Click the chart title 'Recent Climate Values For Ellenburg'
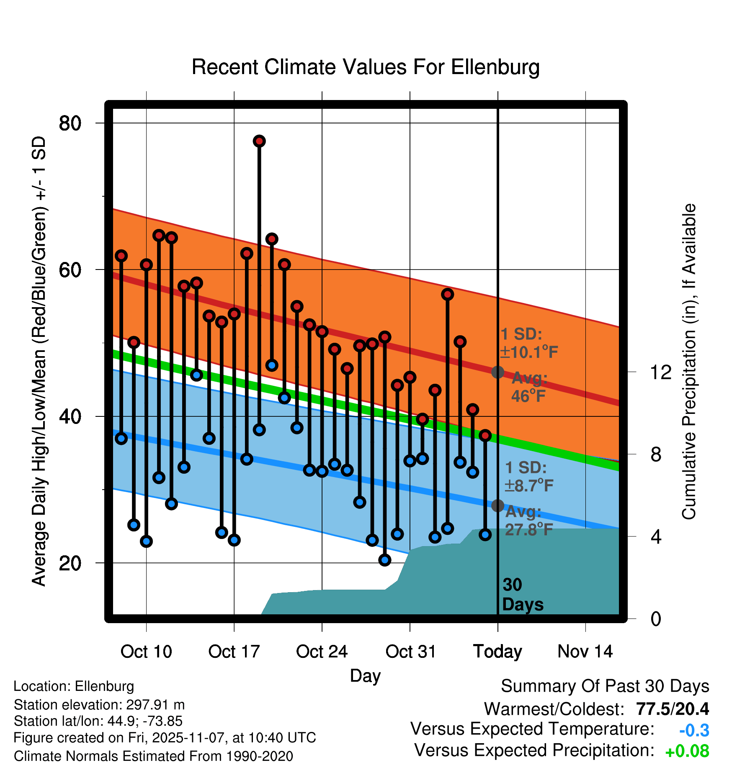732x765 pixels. [x=365, y=67]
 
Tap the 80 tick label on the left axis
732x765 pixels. [x=70, y=123]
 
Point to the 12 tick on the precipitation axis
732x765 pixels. [x=660, y=372]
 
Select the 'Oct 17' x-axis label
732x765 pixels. [x=234, y=652]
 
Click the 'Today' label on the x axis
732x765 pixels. [x=497, y=652]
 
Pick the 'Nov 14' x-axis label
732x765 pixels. [x=585, y=652]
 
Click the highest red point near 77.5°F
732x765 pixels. [x=259, y=141]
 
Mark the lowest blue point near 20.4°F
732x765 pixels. [x=385, y=560]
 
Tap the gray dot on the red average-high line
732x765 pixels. [x=497, y=372]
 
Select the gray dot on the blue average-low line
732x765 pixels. [x=497, y=506]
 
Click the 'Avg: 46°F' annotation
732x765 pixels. [x=529, y=387]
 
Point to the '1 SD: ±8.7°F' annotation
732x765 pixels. [x=528, y=477]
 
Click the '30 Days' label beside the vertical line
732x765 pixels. [x=522, y=595]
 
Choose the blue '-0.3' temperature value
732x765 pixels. [x=694, y=730]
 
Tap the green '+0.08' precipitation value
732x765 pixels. [x=687, y=751]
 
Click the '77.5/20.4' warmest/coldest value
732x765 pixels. [x=672, y=709]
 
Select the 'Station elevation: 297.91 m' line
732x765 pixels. [x=99, y=705]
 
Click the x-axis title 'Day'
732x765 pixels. [x=365, y=676]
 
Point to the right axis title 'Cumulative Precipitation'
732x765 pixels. [x=689, y=362]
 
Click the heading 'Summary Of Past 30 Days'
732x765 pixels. [x=605, y=686]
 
